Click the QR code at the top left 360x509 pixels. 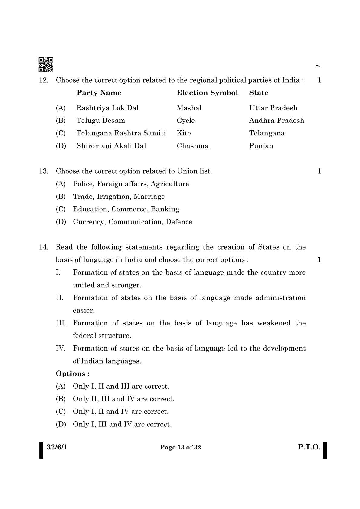click(x=46, y=65)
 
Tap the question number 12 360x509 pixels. click(x=44, y=80)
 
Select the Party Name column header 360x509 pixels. click(x=99, y=93)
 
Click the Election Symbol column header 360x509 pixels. click(x=207, y=93)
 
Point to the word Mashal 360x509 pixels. click(x=189, y=108)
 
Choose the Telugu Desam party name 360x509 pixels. click(x=100, y=121)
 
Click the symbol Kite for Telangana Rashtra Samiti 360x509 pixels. click(x=184, y=133)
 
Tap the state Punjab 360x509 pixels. click(x=261, y=146)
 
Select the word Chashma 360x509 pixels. click(x=192, y=146)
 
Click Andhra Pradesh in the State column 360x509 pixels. click(x=276, y=121)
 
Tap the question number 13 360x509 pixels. click(x=44, y=171)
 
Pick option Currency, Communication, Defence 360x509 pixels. click(x=132, y=222)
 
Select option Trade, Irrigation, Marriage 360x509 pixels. click(x=119, y=197)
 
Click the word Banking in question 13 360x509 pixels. click(x=165, y=209)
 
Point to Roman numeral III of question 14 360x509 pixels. click(x=61, y=323)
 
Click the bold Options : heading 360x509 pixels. click(x=73, y=374)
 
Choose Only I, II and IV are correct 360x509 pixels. click(x=120, y=412)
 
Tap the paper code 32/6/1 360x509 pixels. click(x=57, y=447)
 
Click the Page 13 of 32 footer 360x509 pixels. click(x=180, y=448)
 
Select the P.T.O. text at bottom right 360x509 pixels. click(x=309, y=447)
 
